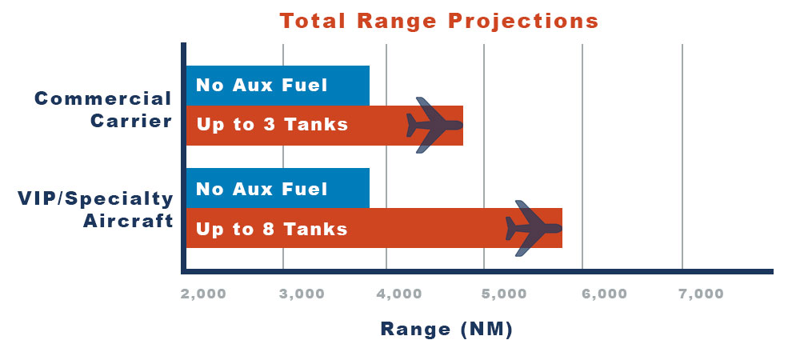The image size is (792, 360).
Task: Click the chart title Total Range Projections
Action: click(x=439, y=22)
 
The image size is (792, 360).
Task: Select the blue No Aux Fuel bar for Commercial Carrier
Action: click(x=278, y=86)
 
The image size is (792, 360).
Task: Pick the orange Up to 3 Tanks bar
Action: click(x=325, y=126)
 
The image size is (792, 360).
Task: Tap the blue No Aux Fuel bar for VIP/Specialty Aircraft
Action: click(x=278, y=188)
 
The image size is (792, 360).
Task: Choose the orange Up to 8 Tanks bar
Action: click(x=374, y=228)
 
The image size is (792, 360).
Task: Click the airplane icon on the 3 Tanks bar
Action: click(x=434, y=126)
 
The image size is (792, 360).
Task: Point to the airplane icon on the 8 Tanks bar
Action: click(x=534, y=228)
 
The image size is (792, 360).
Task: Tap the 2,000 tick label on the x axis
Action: click(x=203, y=294)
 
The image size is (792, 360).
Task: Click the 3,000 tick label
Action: click(x=302, y=294)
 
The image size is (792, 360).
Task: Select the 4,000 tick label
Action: click(x=399, y=294)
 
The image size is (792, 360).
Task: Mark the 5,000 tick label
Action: click(x=503, y=294)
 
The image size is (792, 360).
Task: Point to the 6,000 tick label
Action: click(x=604, y=294)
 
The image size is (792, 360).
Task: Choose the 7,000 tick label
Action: click(x=701, y=294)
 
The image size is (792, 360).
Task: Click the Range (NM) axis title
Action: click(x=446, y=330)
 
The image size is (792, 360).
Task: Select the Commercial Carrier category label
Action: click(x=103, y=110)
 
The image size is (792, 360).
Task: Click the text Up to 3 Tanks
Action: click(x=272, y=124)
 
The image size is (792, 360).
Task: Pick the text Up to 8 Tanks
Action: click(x=272, y=230)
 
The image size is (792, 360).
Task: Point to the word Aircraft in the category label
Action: click(x=128, y=221)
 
